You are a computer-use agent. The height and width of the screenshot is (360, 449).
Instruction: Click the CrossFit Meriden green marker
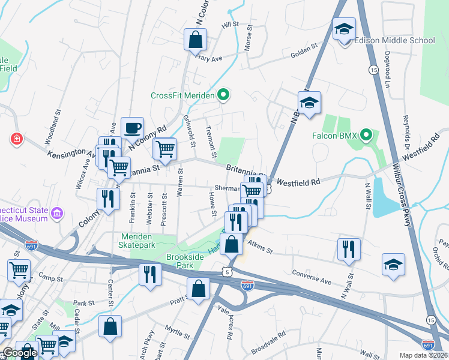coord(223,95)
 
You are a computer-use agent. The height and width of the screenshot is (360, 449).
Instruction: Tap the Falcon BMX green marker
coord(368,136)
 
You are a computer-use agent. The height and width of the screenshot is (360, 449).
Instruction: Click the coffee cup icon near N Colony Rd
coord(132,128)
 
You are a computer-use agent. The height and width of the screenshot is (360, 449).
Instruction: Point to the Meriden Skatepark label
coord(136,241)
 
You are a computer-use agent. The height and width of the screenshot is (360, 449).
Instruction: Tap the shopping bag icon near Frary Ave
coord(196,40)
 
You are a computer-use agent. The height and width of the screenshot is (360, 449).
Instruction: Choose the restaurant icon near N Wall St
coord(349,250)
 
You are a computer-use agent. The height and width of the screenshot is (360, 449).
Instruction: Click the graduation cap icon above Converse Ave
coord(393,265)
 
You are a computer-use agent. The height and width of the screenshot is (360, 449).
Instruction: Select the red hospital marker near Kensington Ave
coord(16,139)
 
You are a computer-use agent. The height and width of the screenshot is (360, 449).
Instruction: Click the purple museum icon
coord(57,213)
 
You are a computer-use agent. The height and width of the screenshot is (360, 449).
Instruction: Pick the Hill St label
coord(230,25)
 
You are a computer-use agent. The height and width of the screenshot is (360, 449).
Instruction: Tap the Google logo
coord(19,353)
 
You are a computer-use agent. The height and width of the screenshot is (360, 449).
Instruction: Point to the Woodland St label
coord(53,127)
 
